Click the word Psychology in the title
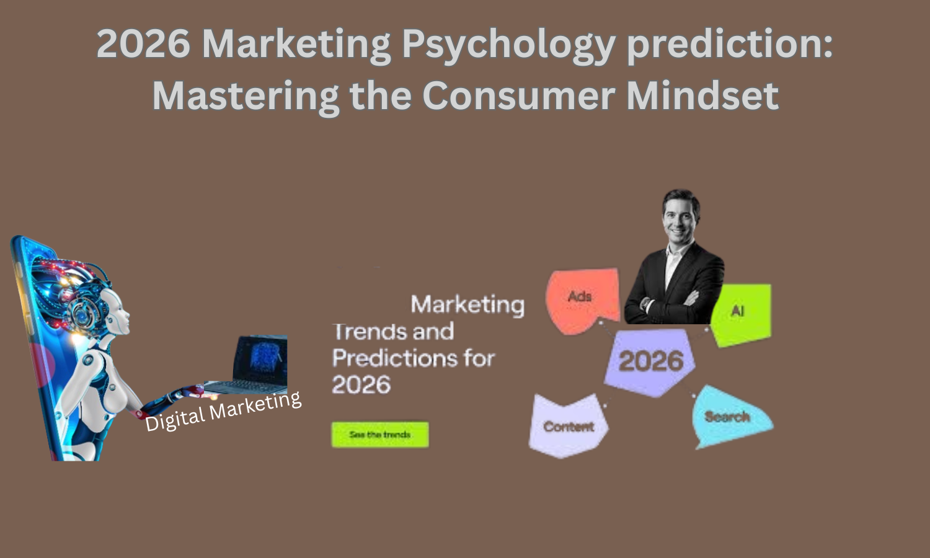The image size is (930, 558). coord(508,45)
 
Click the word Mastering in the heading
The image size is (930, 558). coord(246,95)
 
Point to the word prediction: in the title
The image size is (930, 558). coord(730,45)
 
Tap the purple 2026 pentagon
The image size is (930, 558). coord(650,361)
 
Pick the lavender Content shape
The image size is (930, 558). coord(567,427)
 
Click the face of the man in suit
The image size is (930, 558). coord(680,216)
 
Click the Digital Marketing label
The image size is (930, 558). coord(223,411)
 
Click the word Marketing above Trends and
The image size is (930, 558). coord(467,304)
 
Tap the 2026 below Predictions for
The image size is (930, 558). coord(361,385)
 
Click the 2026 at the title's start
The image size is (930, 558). coord(143,45)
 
